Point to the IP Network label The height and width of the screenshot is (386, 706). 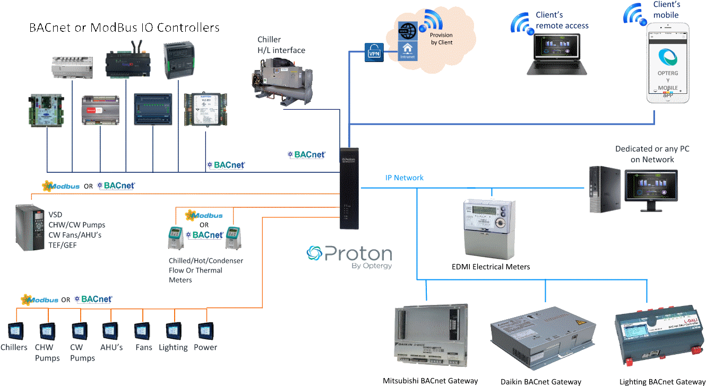coord(404,178)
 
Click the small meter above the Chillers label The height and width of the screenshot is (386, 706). coord(14,331)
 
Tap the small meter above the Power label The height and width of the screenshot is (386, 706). coord(205,331)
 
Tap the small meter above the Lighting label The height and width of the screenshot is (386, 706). coord(173,331)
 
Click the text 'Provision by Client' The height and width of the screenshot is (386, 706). coord(441,39)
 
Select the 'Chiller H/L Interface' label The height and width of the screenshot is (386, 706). coord(281,45)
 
